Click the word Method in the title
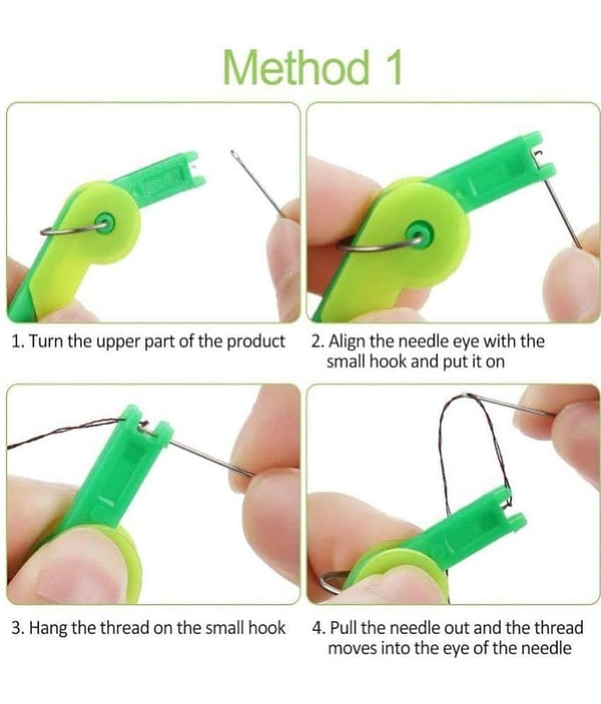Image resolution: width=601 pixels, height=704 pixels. [297, 68]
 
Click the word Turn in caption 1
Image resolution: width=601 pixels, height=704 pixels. [48, 341]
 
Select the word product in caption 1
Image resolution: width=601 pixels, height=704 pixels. [255, 342]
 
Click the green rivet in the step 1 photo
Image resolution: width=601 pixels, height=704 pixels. [105, 223]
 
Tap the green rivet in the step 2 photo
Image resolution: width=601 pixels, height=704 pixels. [419, 233]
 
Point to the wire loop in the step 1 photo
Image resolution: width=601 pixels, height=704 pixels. [68, 231]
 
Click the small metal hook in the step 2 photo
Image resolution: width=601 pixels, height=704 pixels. [538, 154]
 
